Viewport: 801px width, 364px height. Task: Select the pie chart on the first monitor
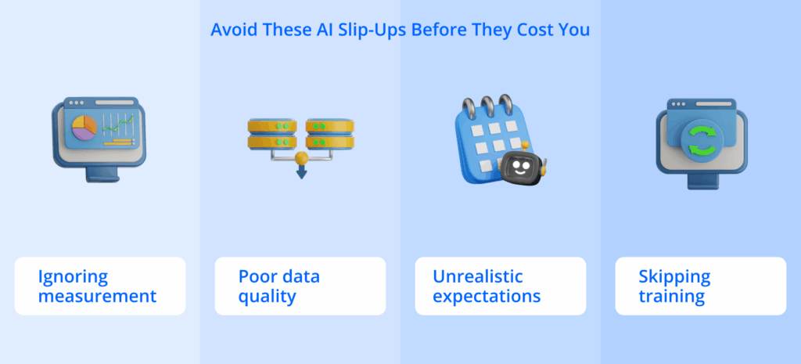[x=84, y=125]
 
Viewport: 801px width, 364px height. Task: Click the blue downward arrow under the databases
[x=300, y=172]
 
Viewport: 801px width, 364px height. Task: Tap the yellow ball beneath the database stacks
[x=300, y=160]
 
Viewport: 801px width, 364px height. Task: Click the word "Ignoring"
[x=74, y=277]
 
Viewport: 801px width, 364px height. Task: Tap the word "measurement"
[x=98, y=297]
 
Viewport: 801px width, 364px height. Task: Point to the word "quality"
[x=267, y=297]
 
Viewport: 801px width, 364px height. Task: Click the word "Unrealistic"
[x=478, y=277]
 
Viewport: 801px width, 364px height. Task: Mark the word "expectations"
[x=487, y=297]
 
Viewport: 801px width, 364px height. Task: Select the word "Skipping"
[x=674, y=277]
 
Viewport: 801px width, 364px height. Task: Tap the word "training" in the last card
[x=671, y=297]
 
